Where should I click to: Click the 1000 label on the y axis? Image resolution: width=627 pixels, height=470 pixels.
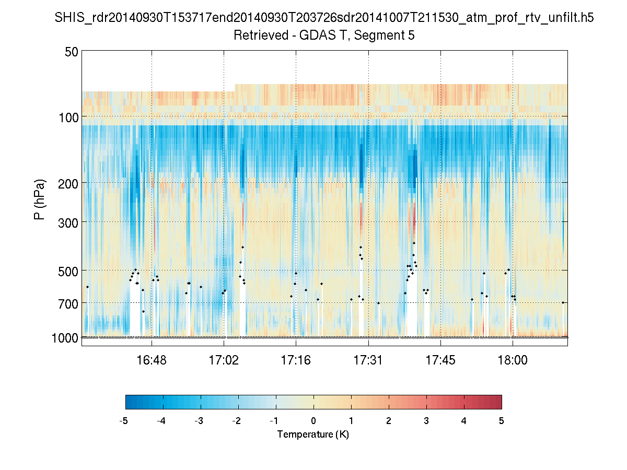[x=65, y=338]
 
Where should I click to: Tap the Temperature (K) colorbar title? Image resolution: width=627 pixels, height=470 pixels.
[x=313, y=434]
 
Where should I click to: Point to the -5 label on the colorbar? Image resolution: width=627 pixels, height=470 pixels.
[x=124, y=421]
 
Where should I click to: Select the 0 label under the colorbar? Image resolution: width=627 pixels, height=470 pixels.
[x=313, y=421]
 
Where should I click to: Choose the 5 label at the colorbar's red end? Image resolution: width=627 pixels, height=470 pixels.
[x=501, y=421]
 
